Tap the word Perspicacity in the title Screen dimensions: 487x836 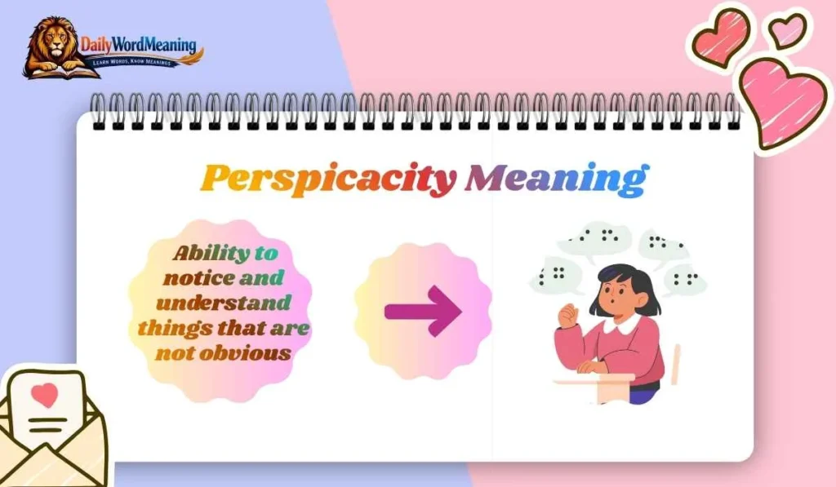(327, 178)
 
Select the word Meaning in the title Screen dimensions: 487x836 (556, 178)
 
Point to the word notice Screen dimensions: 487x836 (198, 278)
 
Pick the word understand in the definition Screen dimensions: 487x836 (223, 303)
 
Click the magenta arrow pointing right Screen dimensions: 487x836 (423, 311)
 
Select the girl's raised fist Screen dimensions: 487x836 (567, 313)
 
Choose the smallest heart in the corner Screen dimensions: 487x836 (787, 31)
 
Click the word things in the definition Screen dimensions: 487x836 (165, 328)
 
